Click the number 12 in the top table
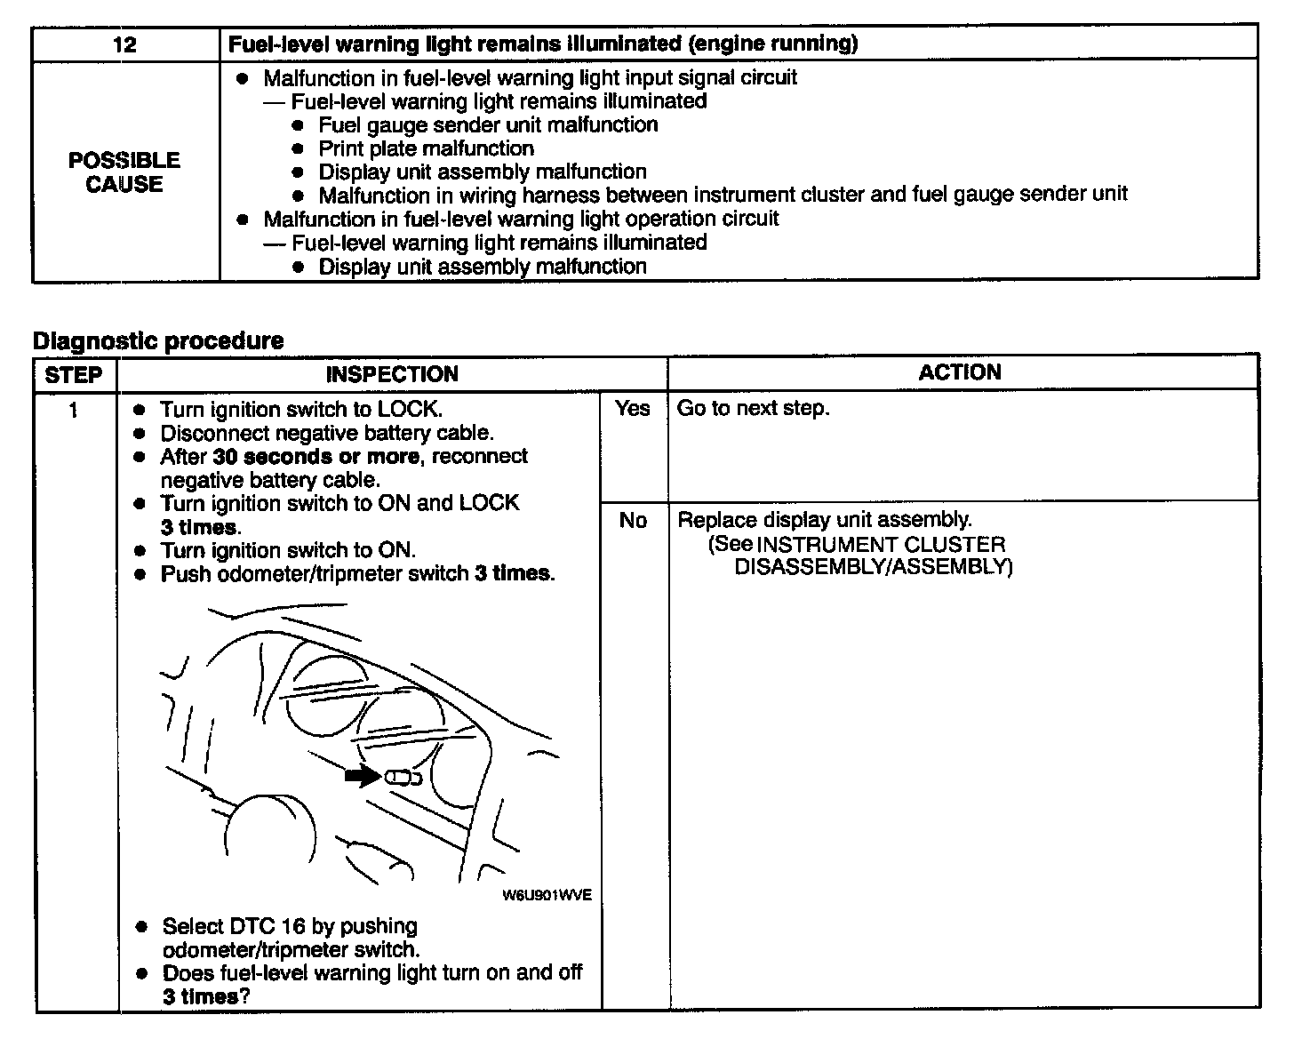click(125, 44)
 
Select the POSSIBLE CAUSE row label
click(124, 172)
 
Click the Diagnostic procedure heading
click(158, 340)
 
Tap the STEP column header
click(74, 374)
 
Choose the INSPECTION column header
click(392, 374)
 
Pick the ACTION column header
click(960, 372)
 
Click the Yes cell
click(633, 409)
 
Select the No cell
click(633, 521)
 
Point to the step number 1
click(74, 410)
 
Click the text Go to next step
click(753, 409)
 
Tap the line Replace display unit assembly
click(825, 520)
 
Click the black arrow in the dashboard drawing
click(363, 777)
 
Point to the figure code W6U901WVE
click(547, 895)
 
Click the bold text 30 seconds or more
click(316, 457)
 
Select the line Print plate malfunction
click(427, 148)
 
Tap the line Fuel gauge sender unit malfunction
click(488, 125)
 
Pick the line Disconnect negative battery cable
click(326, 434)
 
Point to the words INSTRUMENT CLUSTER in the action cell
click(881, 544)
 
